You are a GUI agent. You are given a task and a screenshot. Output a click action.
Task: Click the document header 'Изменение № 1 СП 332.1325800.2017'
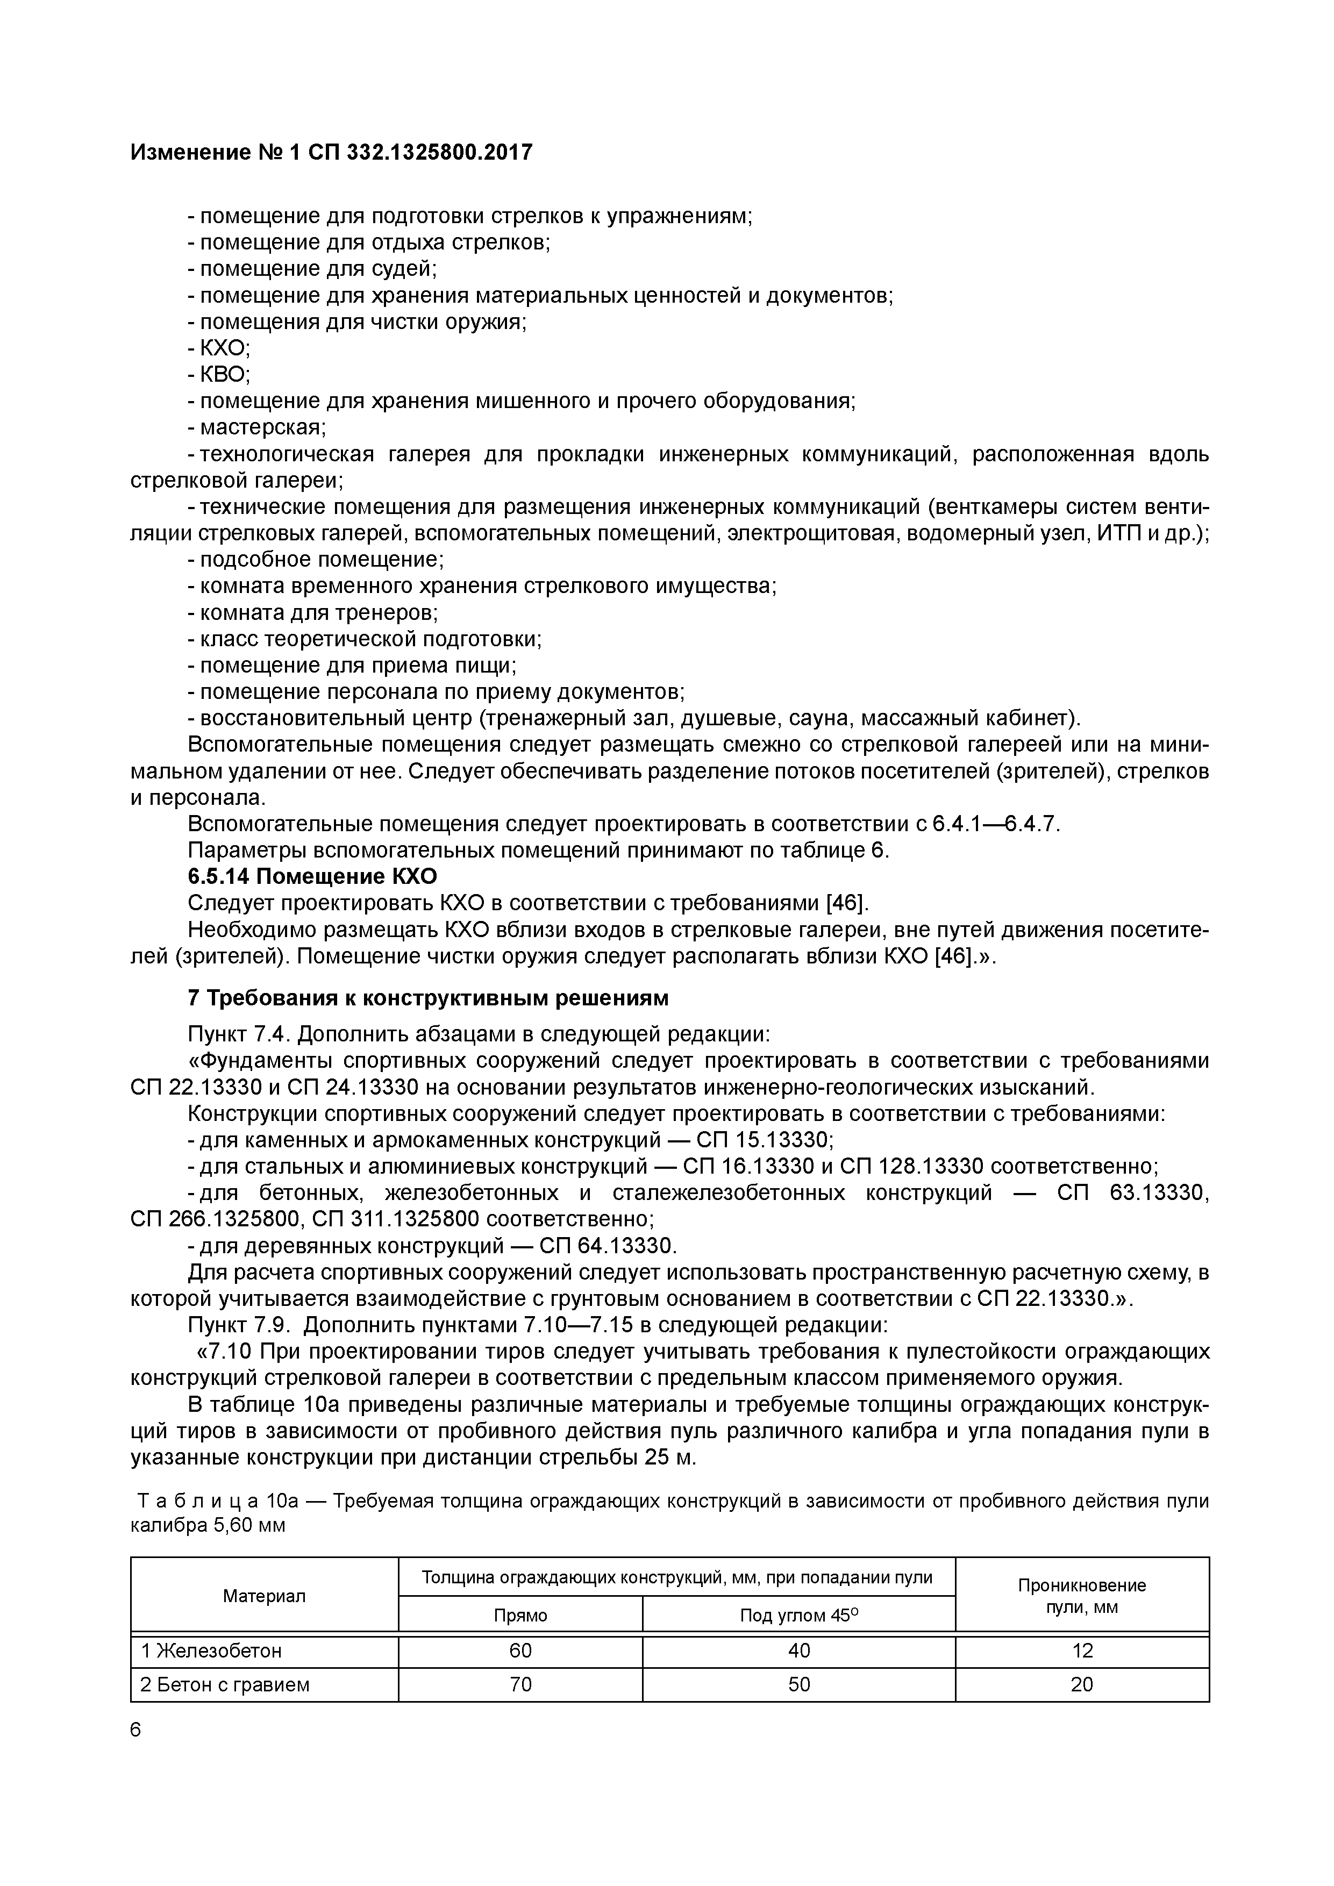331,152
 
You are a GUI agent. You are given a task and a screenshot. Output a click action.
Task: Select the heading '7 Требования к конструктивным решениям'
428,998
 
